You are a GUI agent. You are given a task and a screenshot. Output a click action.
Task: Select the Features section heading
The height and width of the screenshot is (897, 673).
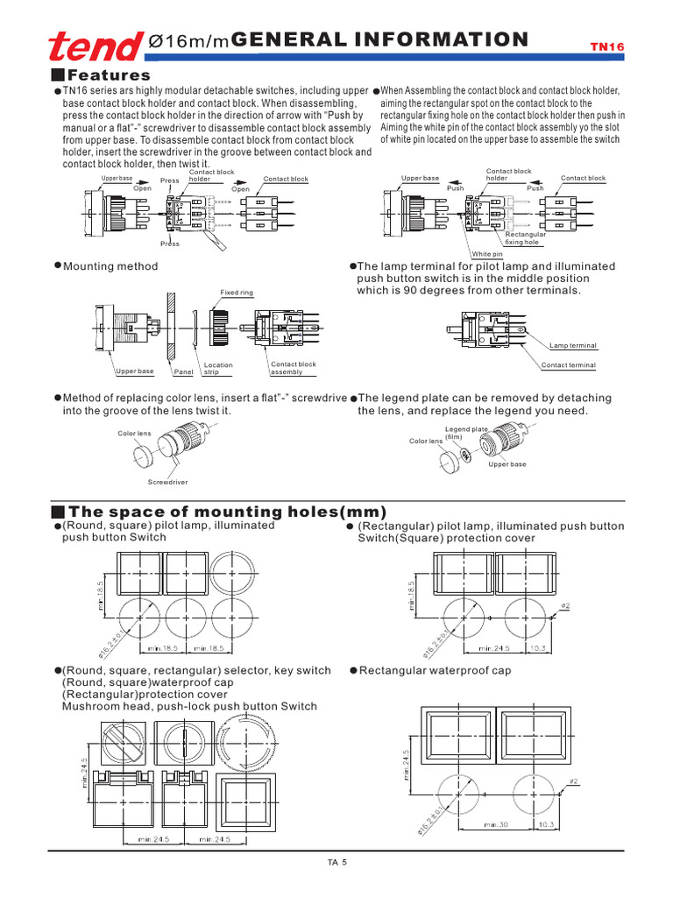point(110,75)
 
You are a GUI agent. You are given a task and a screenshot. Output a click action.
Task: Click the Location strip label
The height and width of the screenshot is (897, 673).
point(218,368)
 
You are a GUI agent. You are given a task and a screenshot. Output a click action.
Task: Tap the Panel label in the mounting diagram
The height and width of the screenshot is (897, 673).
point(183,371)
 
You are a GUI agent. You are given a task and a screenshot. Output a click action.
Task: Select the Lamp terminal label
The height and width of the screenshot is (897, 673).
point(572,346)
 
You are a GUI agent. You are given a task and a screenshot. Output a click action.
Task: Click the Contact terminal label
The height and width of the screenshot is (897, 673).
point(568,365)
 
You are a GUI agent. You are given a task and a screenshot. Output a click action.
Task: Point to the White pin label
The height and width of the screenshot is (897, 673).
point(487,254)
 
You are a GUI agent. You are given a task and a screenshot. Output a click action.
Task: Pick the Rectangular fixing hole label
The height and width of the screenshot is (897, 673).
point(526,238)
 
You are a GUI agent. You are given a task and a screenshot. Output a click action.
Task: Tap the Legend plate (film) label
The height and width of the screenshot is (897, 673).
point(466,432)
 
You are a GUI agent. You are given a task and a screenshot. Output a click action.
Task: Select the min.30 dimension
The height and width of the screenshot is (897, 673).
point(497,824)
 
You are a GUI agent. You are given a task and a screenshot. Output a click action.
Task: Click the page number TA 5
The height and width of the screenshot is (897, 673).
point(337,863)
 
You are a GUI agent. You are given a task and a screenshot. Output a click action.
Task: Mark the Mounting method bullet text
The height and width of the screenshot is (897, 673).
point(110,266)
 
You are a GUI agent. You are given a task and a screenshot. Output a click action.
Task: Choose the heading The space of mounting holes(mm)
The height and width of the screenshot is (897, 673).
point(227,512)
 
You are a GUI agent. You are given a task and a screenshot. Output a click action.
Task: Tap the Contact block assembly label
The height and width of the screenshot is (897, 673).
point(294,368)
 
